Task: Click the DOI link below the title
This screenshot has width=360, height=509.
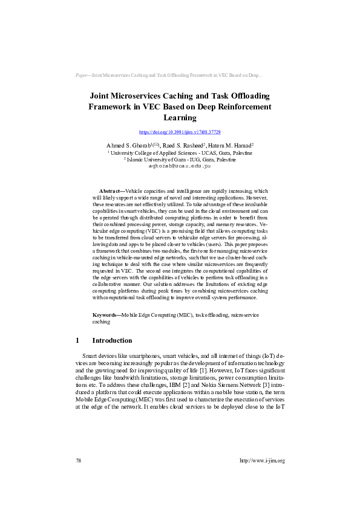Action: click(180, 132)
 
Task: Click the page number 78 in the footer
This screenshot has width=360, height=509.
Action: click(79, 461)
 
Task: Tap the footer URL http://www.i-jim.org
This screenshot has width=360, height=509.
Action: click(262, 461)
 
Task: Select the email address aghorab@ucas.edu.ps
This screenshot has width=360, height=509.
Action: click(180, 165)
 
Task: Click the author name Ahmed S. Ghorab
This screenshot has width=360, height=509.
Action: click(126, 146)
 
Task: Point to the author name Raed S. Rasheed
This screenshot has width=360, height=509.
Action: click(178, 146)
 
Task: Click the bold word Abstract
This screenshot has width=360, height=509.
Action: click(111, 190)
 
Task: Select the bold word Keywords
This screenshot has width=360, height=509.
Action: click(104, 316)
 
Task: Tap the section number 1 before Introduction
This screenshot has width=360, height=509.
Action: click(77, 341)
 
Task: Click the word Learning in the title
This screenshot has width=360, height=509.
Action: click(180, 117)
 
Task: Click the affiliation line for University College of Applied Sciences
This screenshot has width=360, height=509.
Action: click(180, 154)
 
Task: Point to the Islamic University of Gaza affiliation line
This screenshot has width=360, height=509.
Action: click(180, 160)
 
